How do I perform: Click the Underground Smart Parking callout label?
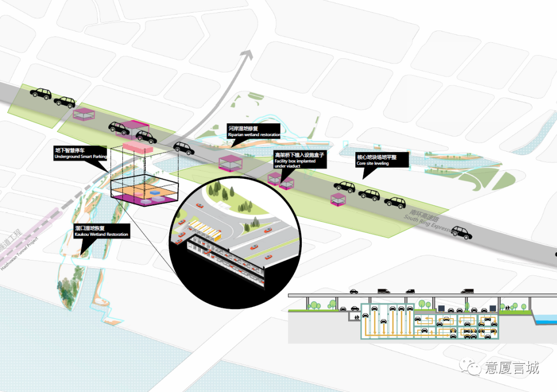click(x=80, y=153)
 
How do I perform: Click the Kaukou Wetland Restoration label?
click(x=102, y=232)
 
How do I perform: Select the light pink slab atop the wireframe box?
click(x=138, y=148)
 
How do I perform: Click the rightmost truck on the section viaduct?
click(x=467, y=291)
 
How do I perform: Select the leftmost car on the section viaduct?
click(x=354, y=291)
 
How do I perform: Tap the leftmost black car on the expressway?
click(x=40, y=93)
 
